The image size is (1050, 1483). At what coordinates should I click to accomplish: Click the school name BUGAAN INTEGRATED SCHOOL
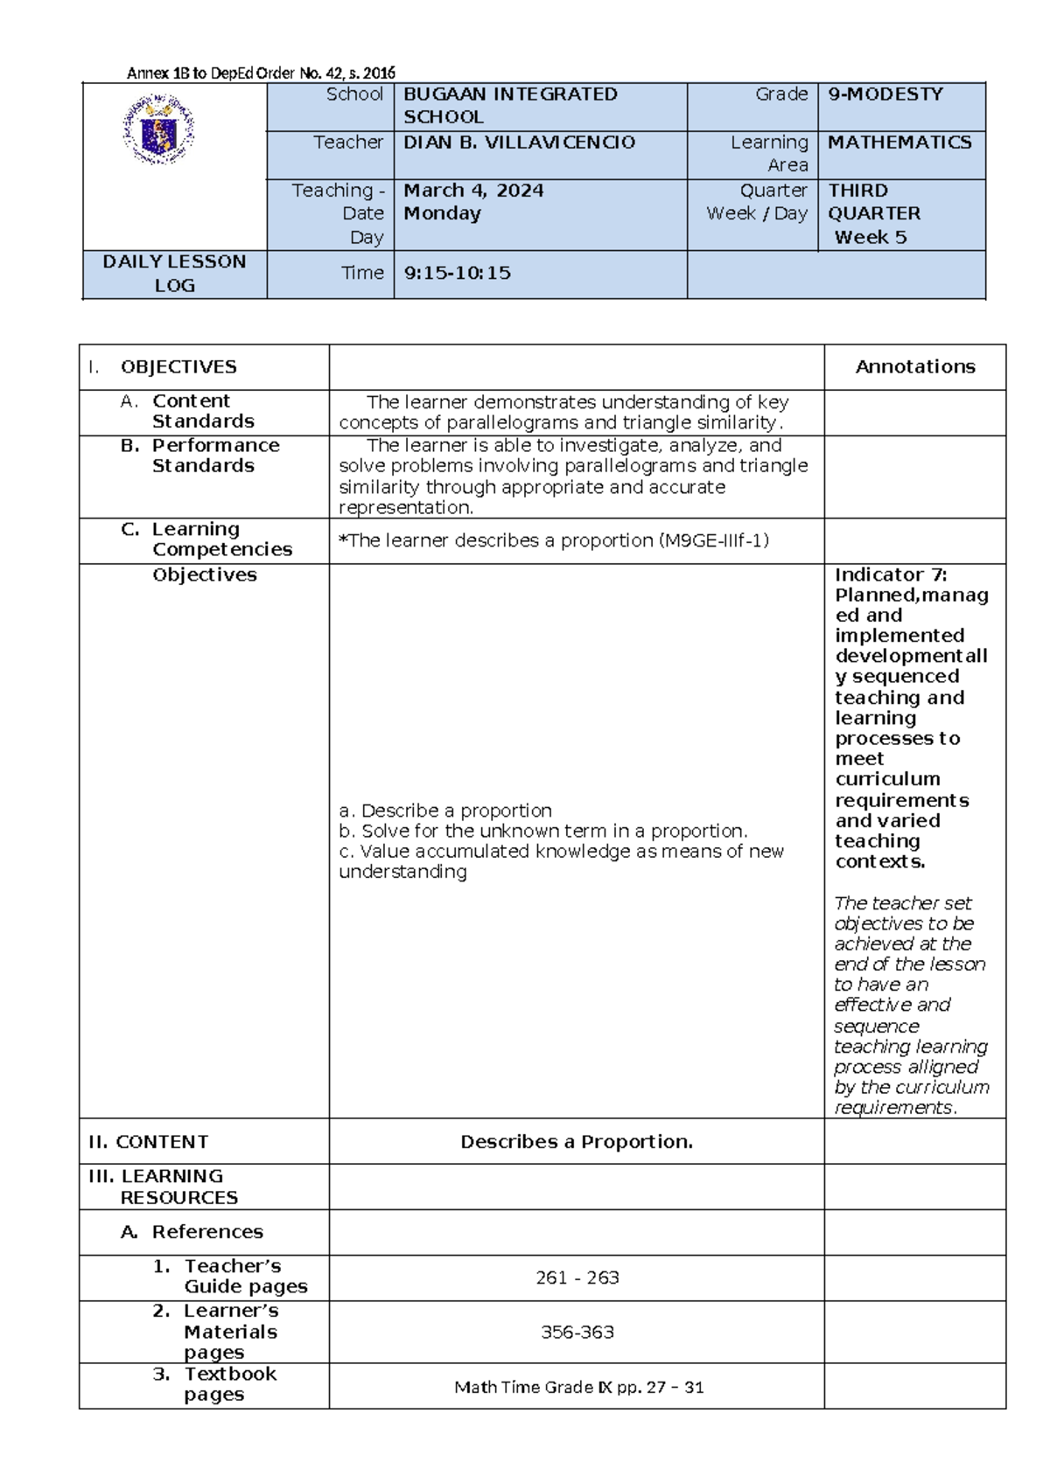(x=510, y=106)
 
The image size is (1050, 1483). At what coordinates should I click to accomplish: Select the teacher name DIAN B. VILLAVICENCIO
(x=519, y=143)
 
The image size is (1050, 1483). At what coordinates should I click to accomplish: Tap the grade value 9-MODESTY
(x=885, y=94)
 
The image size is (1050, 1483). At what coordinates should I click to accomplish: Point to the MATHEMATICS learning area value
(x=899, y=143)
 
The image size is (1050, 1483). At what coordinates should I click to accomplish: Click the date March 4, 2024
(x=473, y=191)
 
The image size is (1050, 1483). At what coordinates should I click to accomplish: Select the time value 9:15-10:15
(x=457, y=274)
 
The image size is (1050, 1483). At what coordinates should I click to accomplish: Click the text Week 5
(x=870, y=237)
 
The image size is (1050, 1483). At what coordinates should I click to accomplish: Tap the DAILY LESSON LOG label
(x=174, y=274)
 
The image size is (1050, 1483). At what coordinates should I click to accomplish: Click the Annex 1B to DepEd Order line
(x=261, y=73)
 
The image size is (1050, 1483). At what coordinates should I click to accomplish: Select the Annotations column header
(x=914, y=367)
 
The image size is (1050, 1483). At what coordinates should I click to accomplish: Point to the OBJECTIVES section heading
(x=178, y=367)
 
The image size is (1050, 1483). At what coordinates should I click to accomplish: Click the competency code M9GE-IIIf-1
(x=712, y=541)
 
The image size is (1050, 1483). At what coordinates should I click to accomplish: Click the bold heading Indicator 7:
(x=891, y=575)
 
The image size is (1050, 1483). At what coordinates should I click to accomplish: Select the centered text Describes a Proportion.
(x=577, y=1142)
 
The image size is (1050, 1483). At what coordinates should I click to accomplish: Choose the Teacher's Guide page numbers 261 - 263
(x=577, y=1278)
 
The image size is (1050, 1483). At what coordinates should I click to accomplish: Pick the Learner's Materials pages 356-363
(x=577, y=1333)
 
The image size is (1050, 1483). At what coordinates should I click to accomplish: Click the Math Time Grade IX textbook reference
(x=578, y=1387)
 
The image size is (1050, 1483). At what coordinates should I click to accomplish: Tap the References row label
(x=206, y=1232)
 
